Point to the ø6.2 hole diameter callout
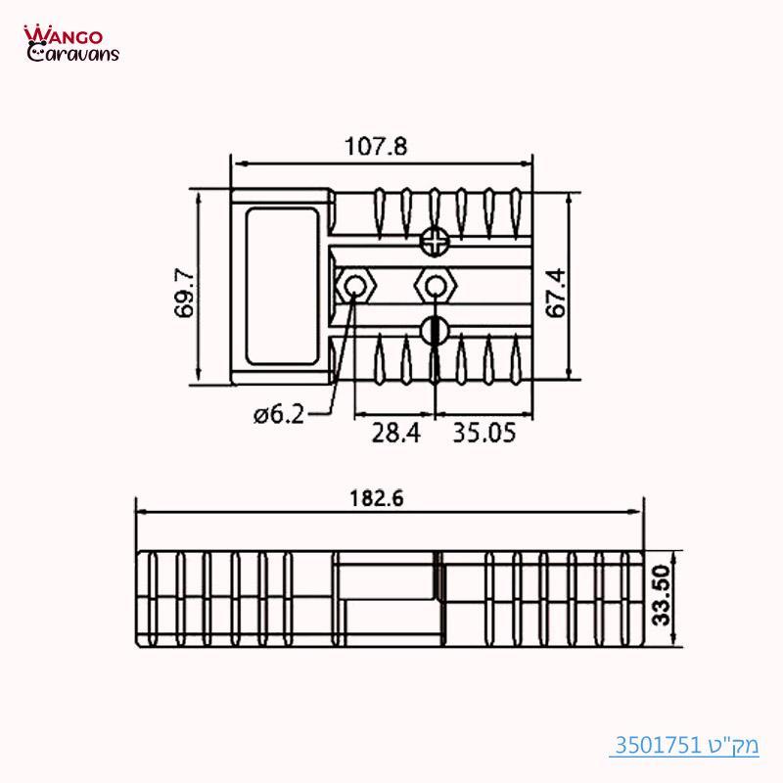pos(279,415)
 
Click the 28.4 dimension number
pos(395,432)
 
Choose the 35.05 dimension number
pos(484,432)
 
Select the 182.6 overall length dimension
pos(377,497)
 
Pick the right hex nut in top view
pos(433,286)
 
